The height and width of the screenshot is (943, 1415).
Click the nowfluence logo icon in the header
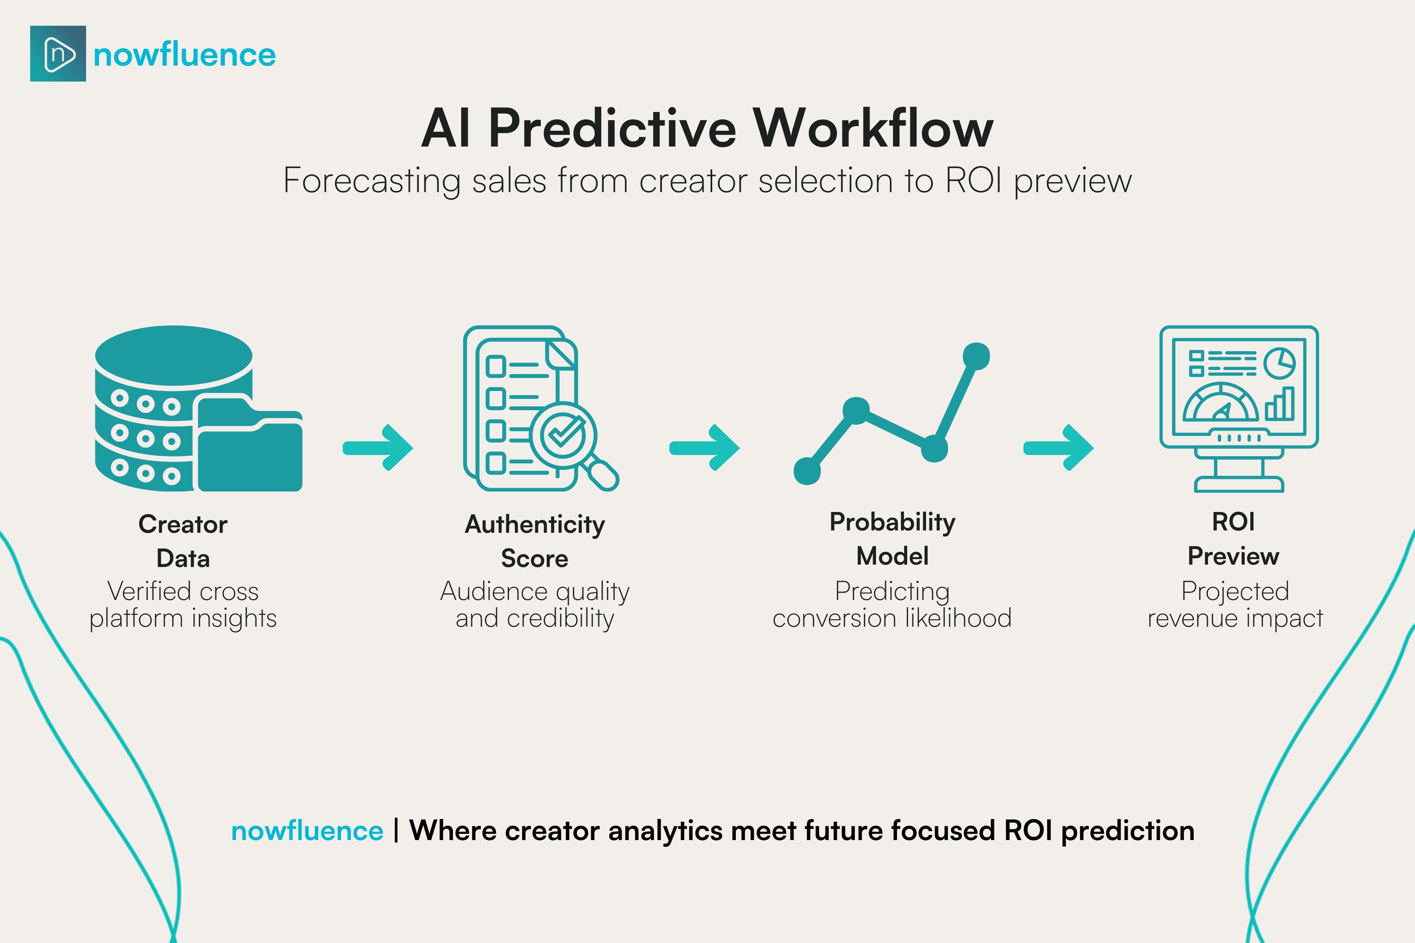tap(58, 53)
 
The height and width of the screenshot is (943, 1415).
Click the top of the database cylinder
tap(173, 355)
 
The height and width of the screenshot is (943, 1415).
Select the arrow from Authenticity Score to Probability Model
tap(704, 448)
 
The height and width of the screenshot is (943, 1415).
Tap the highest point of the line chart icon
tap(976, 356)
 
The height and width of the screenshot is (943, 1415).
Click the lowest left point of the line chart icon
tap(807, 471)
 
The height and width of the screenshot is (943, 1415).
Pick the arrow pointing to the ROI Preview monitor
tap(1058, 448)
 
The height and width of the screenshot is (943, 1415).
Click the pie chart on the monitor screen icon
tap(1279, 363)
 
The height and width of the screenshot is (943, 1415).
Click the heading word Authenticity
tap(535, 525)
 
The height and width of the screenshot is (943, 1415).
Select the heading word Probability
tap(892, 522)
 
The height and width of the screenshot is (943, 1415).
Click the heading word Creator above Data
tap(183, 525)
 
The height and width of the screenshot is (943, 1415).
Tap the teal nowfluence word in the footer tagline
tap(307, 831)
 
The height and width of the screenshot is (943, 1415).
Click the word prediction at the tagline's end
tap(1127, 831)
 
